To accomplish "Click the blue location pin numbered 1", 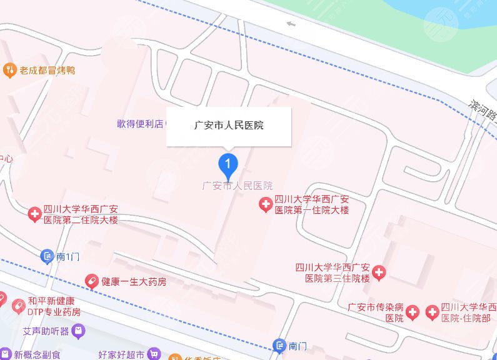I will (x=228, y=164).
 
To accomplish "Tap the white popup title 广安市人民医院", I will (x=228, y=126).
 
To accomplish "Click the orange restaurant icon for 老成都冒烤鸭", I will (x=9, y=69).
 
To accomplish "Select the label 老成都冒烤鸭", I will (x=47, y=70).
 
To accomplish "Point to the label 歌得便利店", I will (x=139, y=124).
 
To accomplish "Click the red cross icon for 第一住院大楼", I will (x=266, y=204).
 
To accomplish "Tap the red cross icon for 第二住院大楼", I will (x=35, y=215).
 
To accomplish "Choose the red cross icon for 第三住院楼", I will (x=379, y=272).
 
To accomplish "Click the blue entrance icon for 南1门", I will (x=47, y=256).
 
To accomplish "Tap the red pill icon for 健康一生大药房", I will (x=92, y=282).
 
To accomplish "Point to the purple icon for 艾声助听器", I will (x=79, y=329).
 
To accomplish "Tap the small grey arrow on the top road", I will (x=290, y=24).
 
